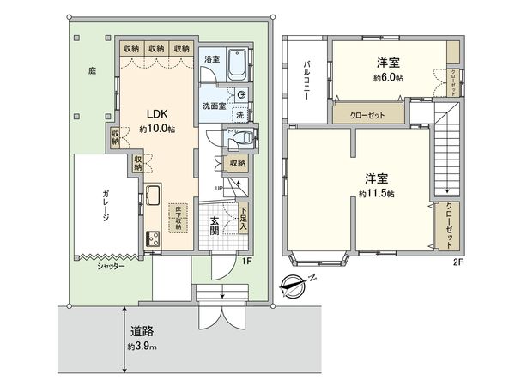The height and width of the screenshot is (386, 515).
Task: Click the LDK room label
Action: (x=155, y=114)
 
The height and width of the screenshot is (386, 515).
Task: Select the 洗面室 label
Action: (x=215, y=106)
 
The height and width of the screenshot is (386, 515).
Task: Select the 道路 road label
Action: (x=142, y=331)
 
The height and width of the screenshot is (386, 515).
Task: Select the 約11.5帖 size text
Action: (x=376, y=195)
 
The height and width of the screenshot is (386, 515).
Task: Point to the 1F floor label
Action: (x=245, y=261)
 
